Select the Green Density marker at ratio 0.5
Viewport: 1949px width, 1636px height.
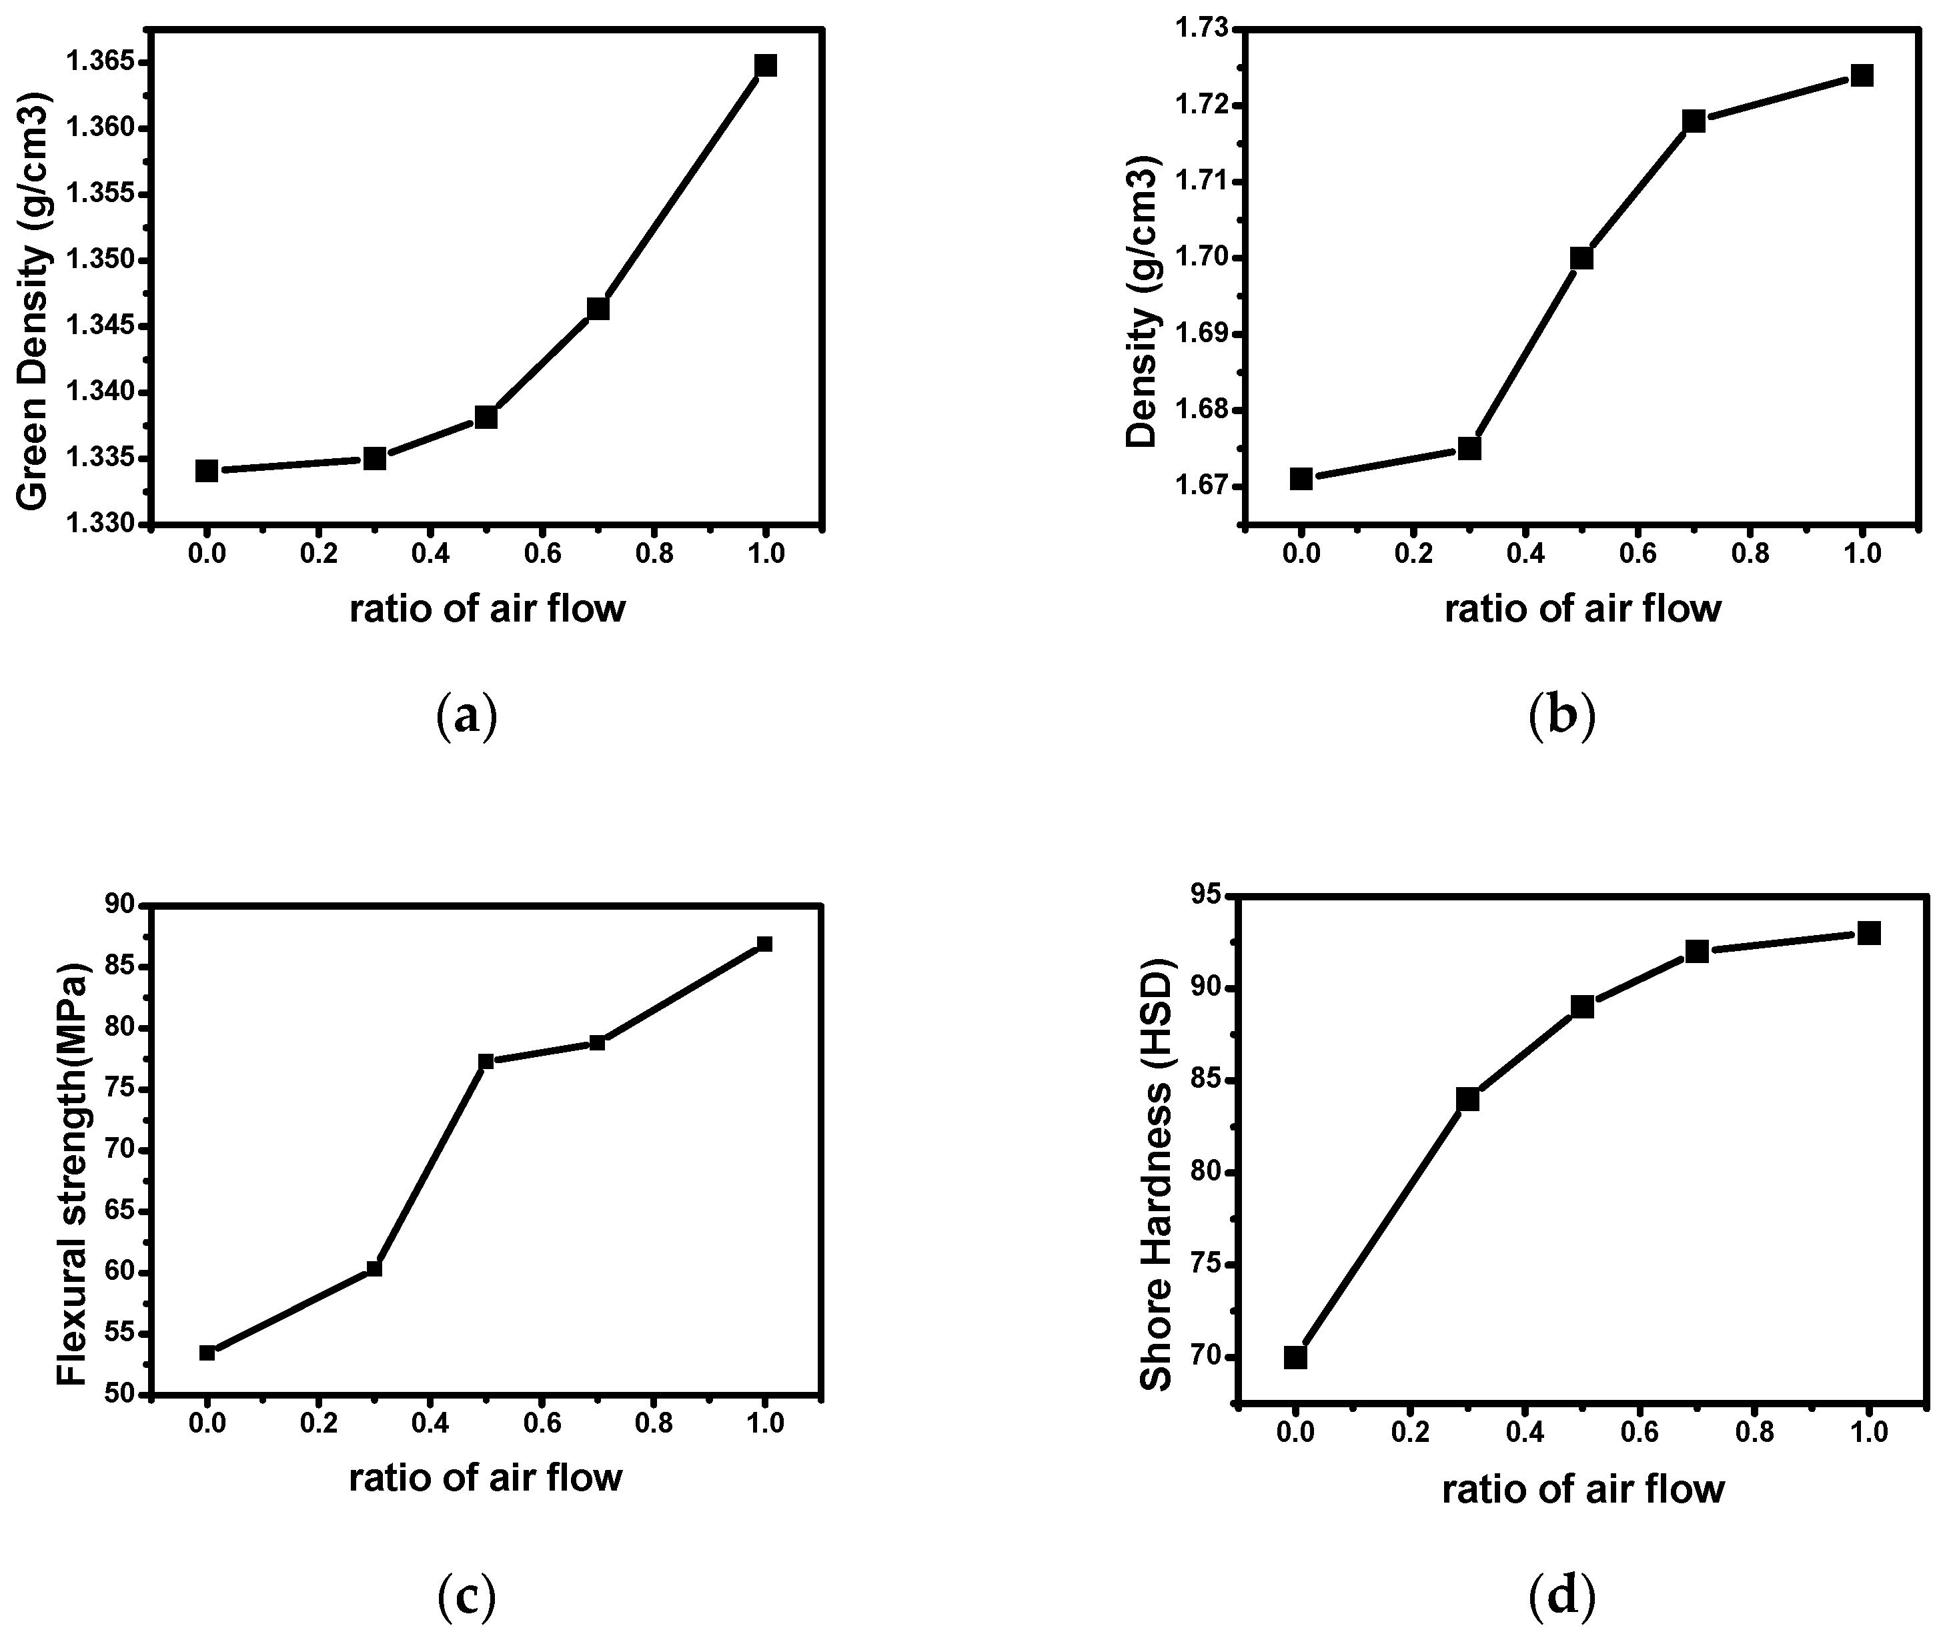point(486,417)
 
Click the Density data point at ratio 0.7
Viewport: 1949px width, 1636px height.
point(1694,121)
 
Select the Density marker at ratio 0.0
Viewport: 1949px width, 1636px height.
point(1301,479)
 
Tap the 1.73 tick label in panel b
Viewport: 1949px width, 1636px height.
point(1199,29)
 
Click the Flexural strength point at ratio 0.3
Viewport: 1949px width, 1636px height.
point(374,1269)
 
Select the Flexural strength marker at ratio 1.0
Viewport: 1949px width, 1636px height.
point(765,944)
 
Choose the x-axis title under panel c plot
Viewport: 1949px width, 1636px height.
point(486,1477)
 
